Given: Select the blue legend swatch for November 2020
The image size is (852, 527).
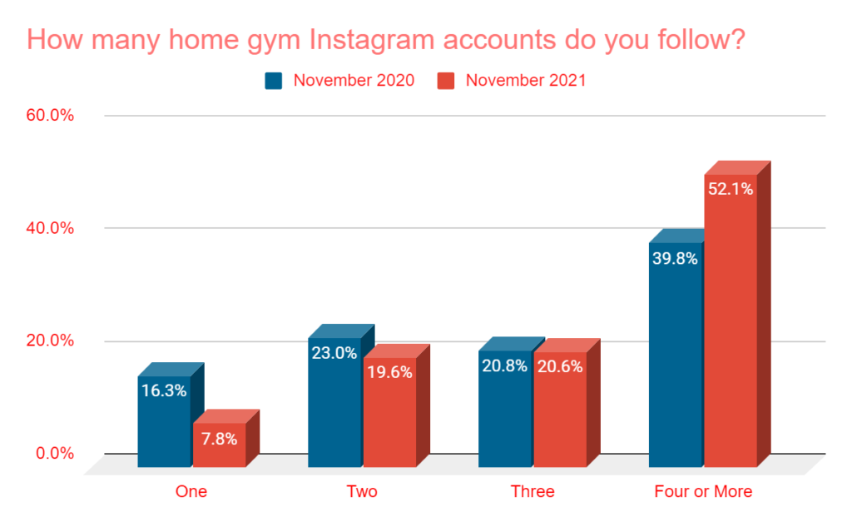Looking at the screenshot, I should coord(274,81).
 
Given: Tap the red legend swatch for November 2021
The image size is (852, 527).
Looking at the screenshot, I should coord(446,81).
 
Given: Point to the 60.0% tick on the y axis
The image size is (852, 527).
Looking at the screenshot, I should coord(51,115).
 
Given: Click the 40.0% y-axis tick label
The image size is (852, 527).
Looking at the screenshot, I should coord(51,228).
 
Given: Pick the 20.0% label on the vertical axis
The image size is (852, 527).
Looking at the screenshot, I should coord(51,341).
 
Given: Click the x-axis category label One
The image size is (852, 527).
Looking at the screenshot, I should coord(191,492).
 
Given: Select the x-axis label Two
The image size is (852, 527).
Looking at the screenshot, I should coord(362,492).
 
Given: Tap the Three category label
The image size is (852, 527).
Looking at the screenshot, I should coord(532,492).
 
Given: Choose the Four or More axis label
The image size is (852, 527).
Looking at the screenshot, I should coord(703,492).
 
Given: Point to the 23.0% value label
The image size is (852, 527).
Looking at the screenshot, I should coord(334,352).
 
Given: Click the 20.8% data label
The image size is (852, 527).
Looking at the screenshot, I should coord(505,365).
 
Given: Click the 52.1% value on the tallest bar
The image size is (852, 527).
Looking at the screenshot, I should coord(731,189).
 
